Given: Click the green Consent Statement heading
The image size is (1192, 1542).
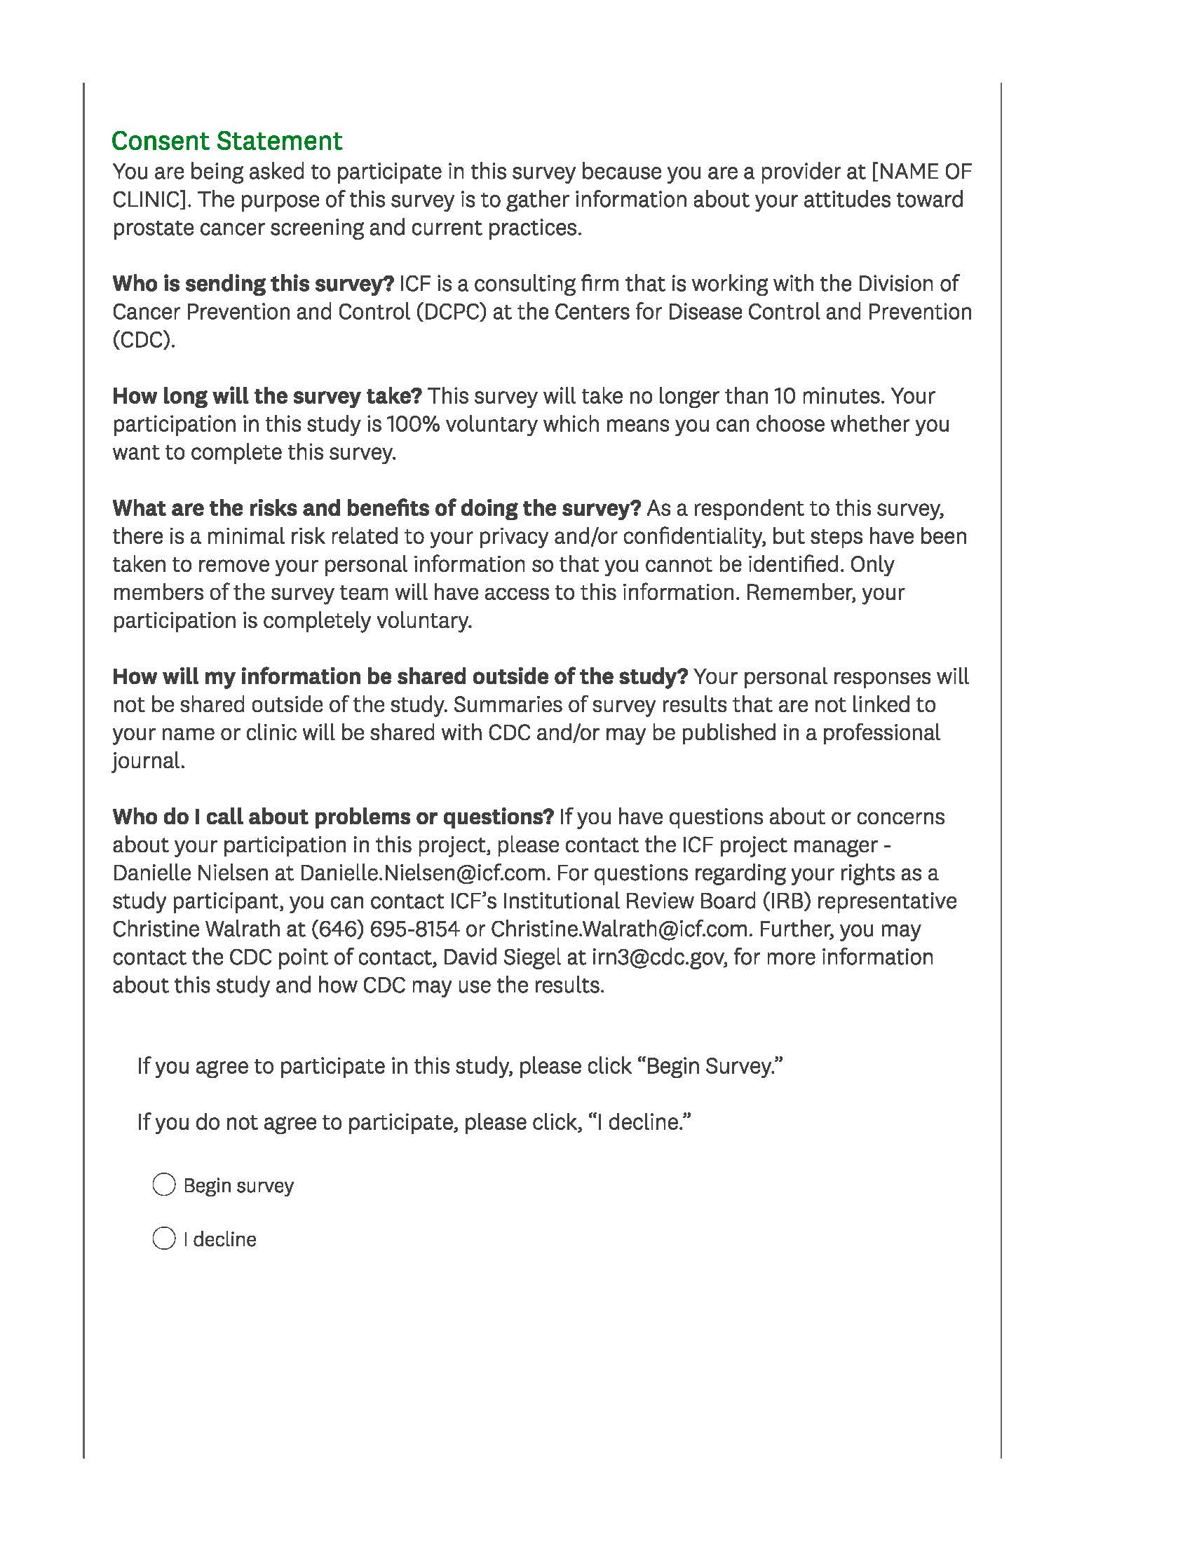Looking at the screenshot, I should (226, 141).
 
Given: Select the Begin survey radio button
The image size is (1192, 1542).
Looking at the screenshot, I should (164, 1185).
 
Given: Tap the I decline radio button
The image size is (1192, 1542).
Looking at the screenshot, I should (164, 1239).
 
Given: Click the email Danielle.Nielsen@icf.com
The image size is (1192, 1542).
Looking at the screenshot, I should (424, 873).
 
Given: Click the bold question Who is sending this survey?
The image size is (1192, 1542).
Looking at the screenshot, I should (253, 284).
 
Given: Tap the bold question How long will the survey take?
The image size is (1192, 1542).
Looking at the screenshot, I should (267, 396).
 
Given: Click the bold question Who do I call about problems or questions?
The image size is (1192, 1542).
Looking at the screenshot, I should (332, 817).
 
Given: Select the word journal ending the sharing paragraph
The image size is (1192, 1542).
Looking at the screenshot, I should (147, 761).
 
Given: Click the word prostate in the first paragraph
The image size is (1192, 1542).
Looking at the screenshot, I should (152, 228).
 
